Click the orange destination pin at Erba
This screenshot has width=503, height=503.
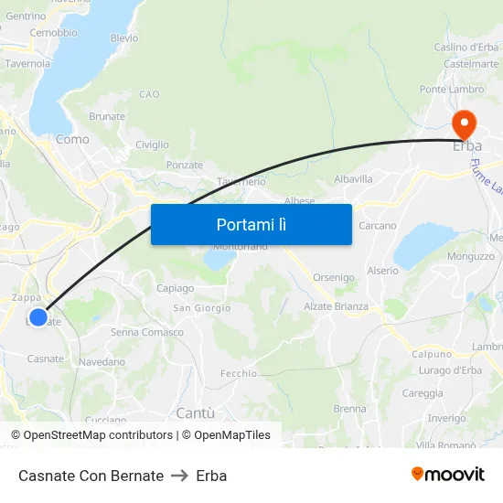pos(464,123)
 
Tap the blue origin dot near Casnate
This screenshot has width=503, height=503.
pos(37,317)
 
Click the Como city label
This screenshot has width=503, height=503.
pos(72,139)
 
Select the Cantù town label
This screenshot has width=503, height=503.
pos(195,412)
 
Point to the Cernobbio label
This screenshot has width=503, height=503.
pos(53,33)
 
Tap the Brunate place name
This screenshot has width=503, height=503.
pos(107,116)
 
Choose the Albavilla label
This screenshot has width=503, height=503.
pos(354,179)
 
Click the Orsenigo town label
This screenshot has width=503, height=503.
pos(334,277)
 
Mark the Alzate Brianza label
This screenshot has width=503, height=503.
pos(337,306)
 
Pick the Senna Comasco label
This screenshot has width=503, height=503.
pos(147,332)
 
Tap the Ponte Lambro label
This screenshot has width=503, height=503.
pos(452,89)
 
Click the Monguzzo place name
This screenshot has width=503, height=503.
pos(471,257)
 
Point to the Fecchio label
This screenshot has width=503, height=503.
pos(239,373)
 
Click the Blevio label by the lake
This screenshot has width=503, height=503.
pos(124,38)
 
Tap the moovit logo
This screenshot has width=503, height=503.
pos(448,475)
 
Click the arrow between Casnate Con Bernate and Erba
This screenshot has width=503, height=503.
pos(179,476)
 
